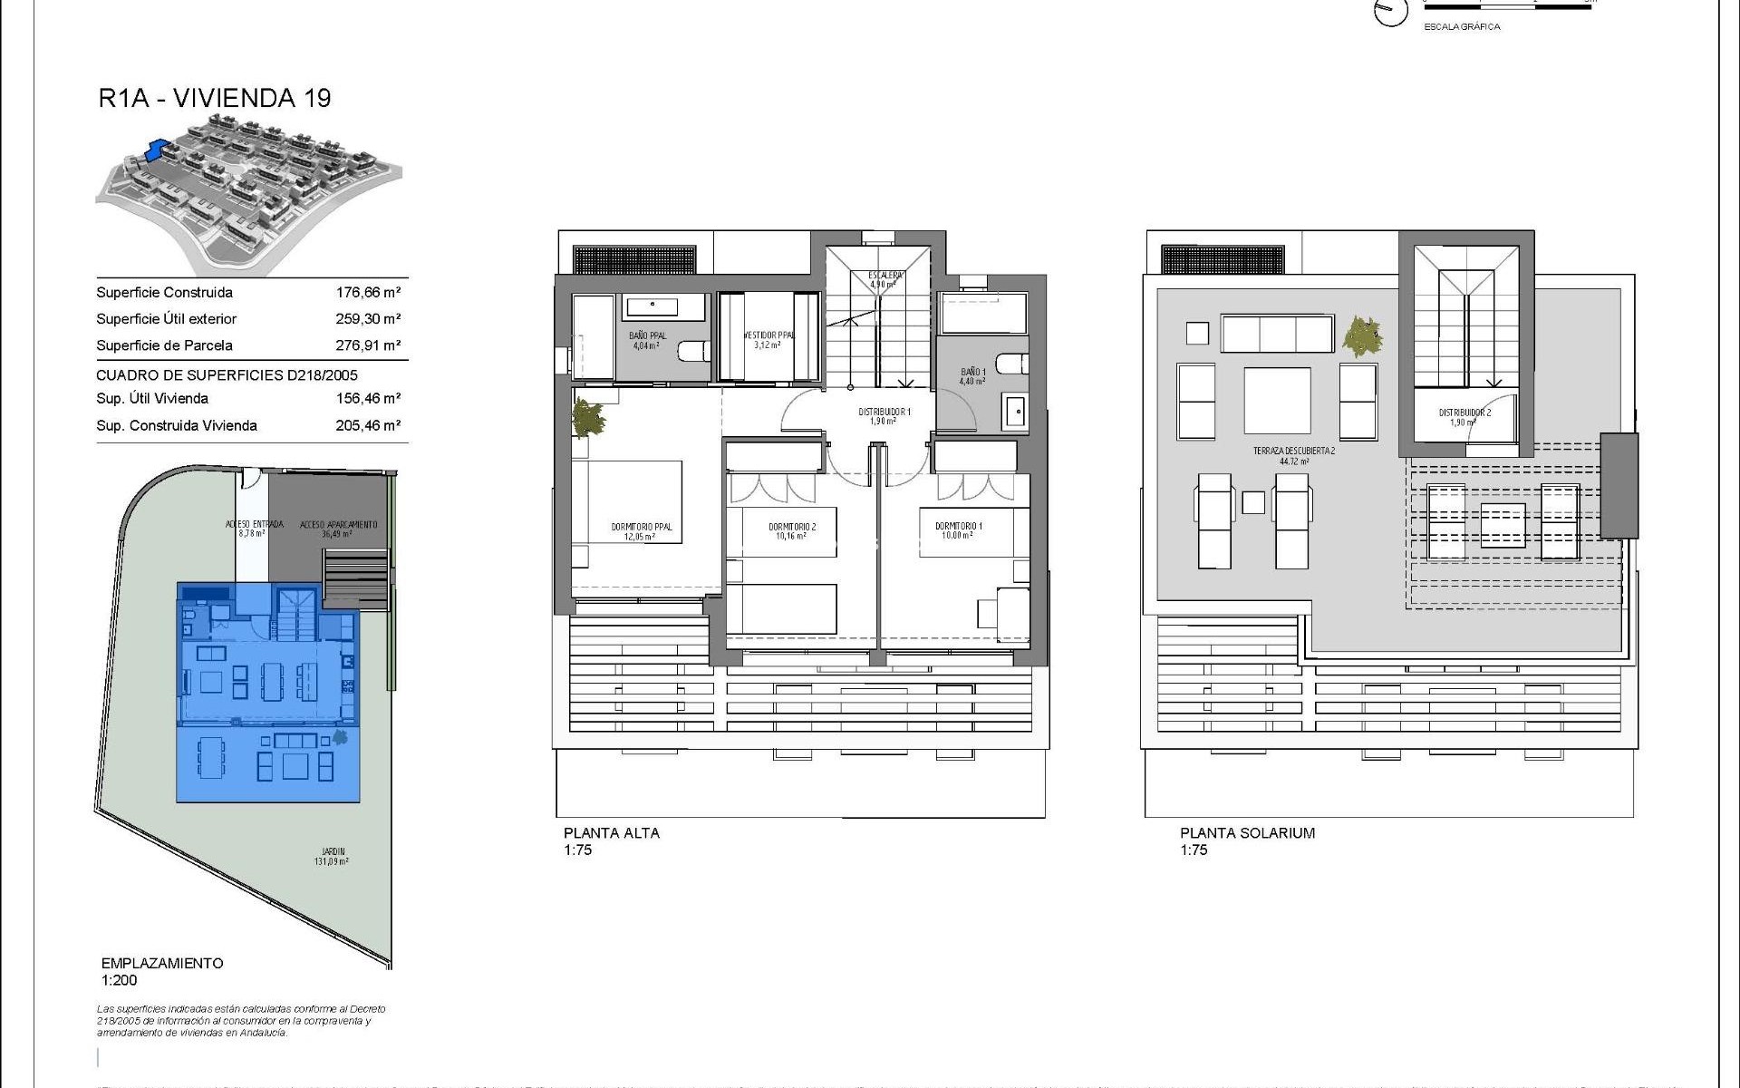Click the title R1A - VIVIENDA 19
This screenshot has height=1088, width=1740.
215,98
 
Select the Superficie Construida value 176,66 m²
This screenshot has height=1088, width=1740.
368,292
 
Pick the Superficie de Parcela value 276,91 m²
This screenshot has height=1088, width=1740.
368,345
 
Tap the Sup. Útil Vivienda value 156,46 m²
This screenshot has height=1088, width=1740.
368,398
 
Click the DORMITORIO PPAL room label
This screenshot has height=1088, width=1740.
641,528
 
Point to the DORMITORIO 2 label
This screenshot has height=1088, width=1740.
792,528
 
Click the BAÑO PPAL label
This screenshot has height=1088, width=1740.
647,336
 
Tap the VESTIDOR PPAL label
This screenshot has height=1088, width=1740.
768,336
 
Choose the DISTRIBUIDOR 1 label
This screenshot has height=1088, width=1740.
884,413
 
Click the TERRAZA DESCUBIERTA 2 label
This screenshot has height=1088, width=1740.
1293,452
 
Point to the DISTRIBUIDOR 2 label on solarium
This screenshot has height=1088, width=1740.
1464,413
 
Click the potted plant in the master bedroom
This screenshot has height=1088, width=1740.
590,419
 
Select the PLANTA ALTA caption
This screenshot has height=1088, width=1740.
611,833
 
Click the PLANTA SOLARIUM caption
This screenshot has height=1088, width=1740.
1246,833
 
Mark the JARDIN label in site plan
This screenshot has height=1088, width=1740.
333,852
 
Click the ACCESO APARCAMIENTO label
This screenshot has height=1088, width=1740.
337,525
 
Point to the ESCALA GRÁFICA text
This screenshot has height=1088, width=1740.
1462,27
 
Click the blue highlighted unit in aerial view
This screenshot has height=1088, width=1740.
157,149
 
